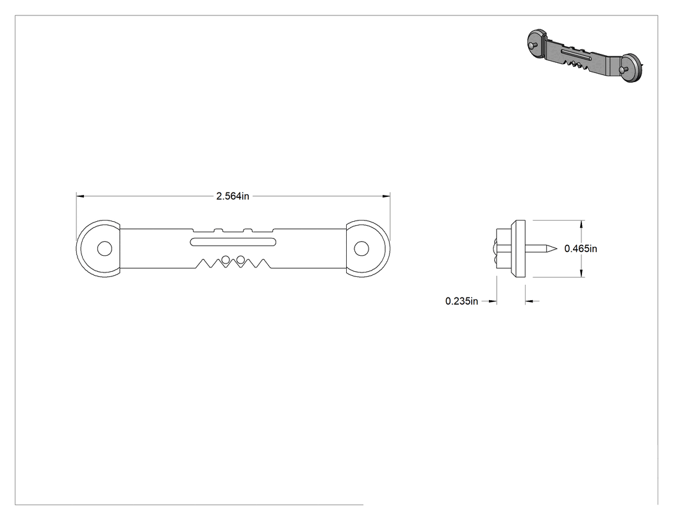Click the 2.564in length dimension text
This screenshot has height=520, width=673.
pos(233,196)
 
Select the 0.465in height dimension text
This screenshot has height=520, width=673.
pos(581,249)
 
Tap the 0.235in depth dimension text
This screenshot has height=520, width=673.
pos(461,301)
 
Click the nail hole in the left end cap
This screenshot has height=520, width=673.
pos(104,249)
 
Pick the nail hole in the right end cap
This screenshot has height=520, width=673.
pos(361,248)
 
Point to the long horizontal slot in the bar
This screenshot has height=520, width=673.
pos(233,242)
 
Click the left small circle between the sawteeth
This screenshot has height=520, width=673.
pos(226,259)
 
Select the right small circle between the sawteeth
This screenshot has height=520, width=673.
pos(241,259)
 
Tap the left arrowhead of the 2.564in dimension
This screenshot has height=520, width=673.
pos(80,196)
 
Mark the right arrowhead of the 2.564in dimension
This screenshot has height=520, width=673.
pos(386,196)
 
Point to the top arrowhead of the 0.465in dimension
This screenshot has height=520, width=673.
pos(581,224)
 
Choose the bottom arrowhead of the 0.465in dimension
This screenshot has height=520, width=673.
pos(581,273)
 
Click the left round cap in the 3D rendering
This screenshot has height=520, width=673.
pos(537,44)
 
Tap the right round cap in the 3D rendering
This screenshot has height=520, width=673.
pos(632,68)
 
